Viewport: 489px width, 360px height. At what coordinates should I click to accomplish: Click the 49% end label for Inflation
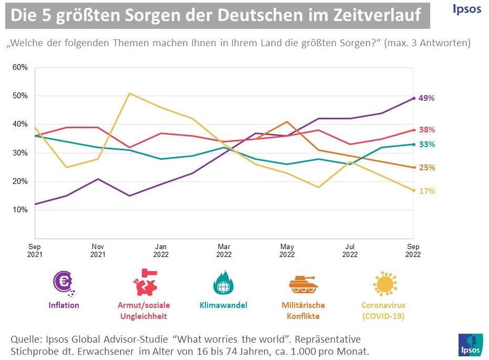point(426,98)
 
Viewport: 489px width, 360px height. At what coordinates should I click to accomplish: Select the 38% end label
point(426,130)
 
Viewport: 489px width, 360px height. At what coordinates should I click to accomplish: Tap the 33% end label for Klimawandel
point(426,145)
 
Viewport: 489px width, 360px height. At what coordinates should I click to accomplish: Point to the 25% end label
point(426,168)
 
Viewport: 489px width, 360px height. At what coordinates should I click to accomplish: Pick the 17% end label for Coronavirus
point(426,191)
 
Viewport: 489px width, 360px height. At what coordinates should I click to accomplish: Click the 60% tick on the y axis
point(20,67)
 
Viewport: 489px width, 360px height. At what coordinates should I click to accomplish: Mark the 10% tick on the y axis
point(20,210)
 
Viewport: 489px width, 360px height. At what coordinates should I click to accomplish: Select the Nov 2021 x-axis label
point(98,250)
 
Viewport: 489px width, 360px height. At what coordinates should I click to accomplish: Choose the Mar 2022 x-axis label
point(224,250)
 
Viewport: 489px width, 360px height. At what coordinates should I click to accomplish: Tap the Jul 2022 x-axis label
point(350,250)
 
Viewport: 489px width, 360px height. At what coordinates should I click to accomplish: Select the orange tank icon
point(304,284)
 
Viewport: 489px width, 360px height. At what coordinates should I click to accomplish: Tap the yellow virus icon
point(383,284)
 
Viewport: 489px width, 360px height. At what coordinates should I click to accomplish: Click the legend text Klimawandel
point(223,305)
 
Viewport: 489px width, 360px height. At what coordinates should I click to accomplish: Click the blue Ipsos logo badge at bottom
point(469,344)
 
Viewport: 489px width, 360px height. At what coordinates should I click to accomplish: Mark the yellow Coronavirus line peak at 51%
point(130,94)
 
